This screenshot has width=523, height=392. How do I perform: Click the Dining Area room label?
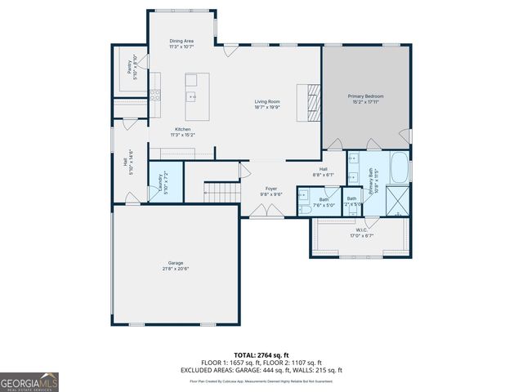click(181, 40)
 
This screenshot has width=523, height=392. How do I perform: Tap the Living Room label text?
click(267, 101)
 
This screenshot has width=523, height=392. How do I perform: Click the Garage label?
click(175, 263)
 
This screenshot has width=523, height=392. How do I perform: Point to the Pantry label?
click(129, 67)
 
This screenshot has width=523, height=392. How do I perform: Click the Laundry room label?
click(160, 179)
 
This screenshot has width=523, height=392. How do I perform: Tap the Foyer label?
click(270, 189)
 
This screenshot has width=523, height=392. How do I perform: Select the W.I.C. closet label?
click(361, 232)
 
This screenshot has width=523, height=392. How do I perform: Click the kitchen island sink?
click(192, 96)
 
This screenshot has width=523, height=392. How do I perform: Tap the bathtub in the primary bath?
click(400, 169)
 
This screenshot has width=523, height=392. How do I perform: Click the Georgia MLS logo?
click(29, 381)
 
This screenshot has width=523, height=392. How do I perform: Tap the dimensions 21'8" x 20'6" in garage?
click(175, 269)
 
